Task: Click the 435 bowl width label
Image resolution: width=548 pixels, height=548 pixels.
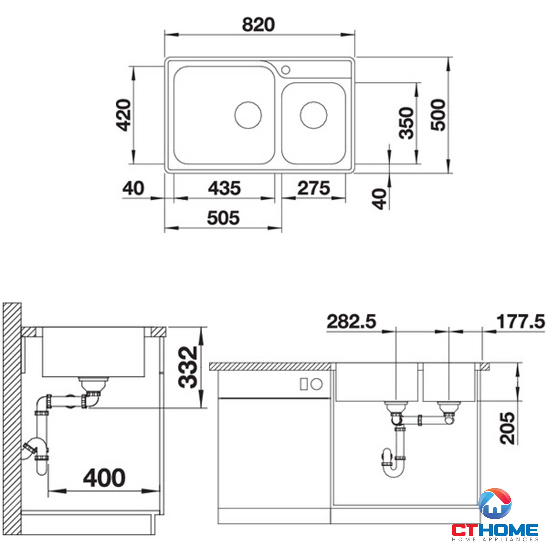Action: pyautogui.click(x=224, y=188)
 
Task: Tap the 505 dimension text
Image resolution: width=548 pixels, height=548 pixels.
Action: pyautogui.click(x=223, y=218)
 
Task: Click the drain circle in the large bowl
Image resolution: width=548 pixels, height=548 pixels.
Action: pyautogui.click(x=248, y=115)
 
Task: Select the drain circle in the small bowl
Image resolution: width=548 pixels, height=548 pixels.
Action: pyautogui.click(x=314, y=115)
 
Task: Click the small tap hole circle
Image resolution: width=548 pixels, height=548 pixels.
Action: pyautogui.click(x=286, y=69)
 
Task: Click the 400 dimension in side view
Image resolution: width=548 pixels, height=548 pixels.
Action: pyautogui.click(x=104, y=478)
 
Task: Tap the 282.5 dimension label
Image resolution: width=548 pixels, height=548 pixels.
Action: pyautogui.click(x=351, y=321)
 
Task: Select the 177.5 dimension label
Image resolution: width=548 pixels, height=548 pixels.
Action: pyautogui.click(x=521, y=321)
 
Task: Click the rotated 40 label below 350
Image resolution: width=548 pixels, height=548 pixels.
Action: pyautogui.click(x=380, y=199)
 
